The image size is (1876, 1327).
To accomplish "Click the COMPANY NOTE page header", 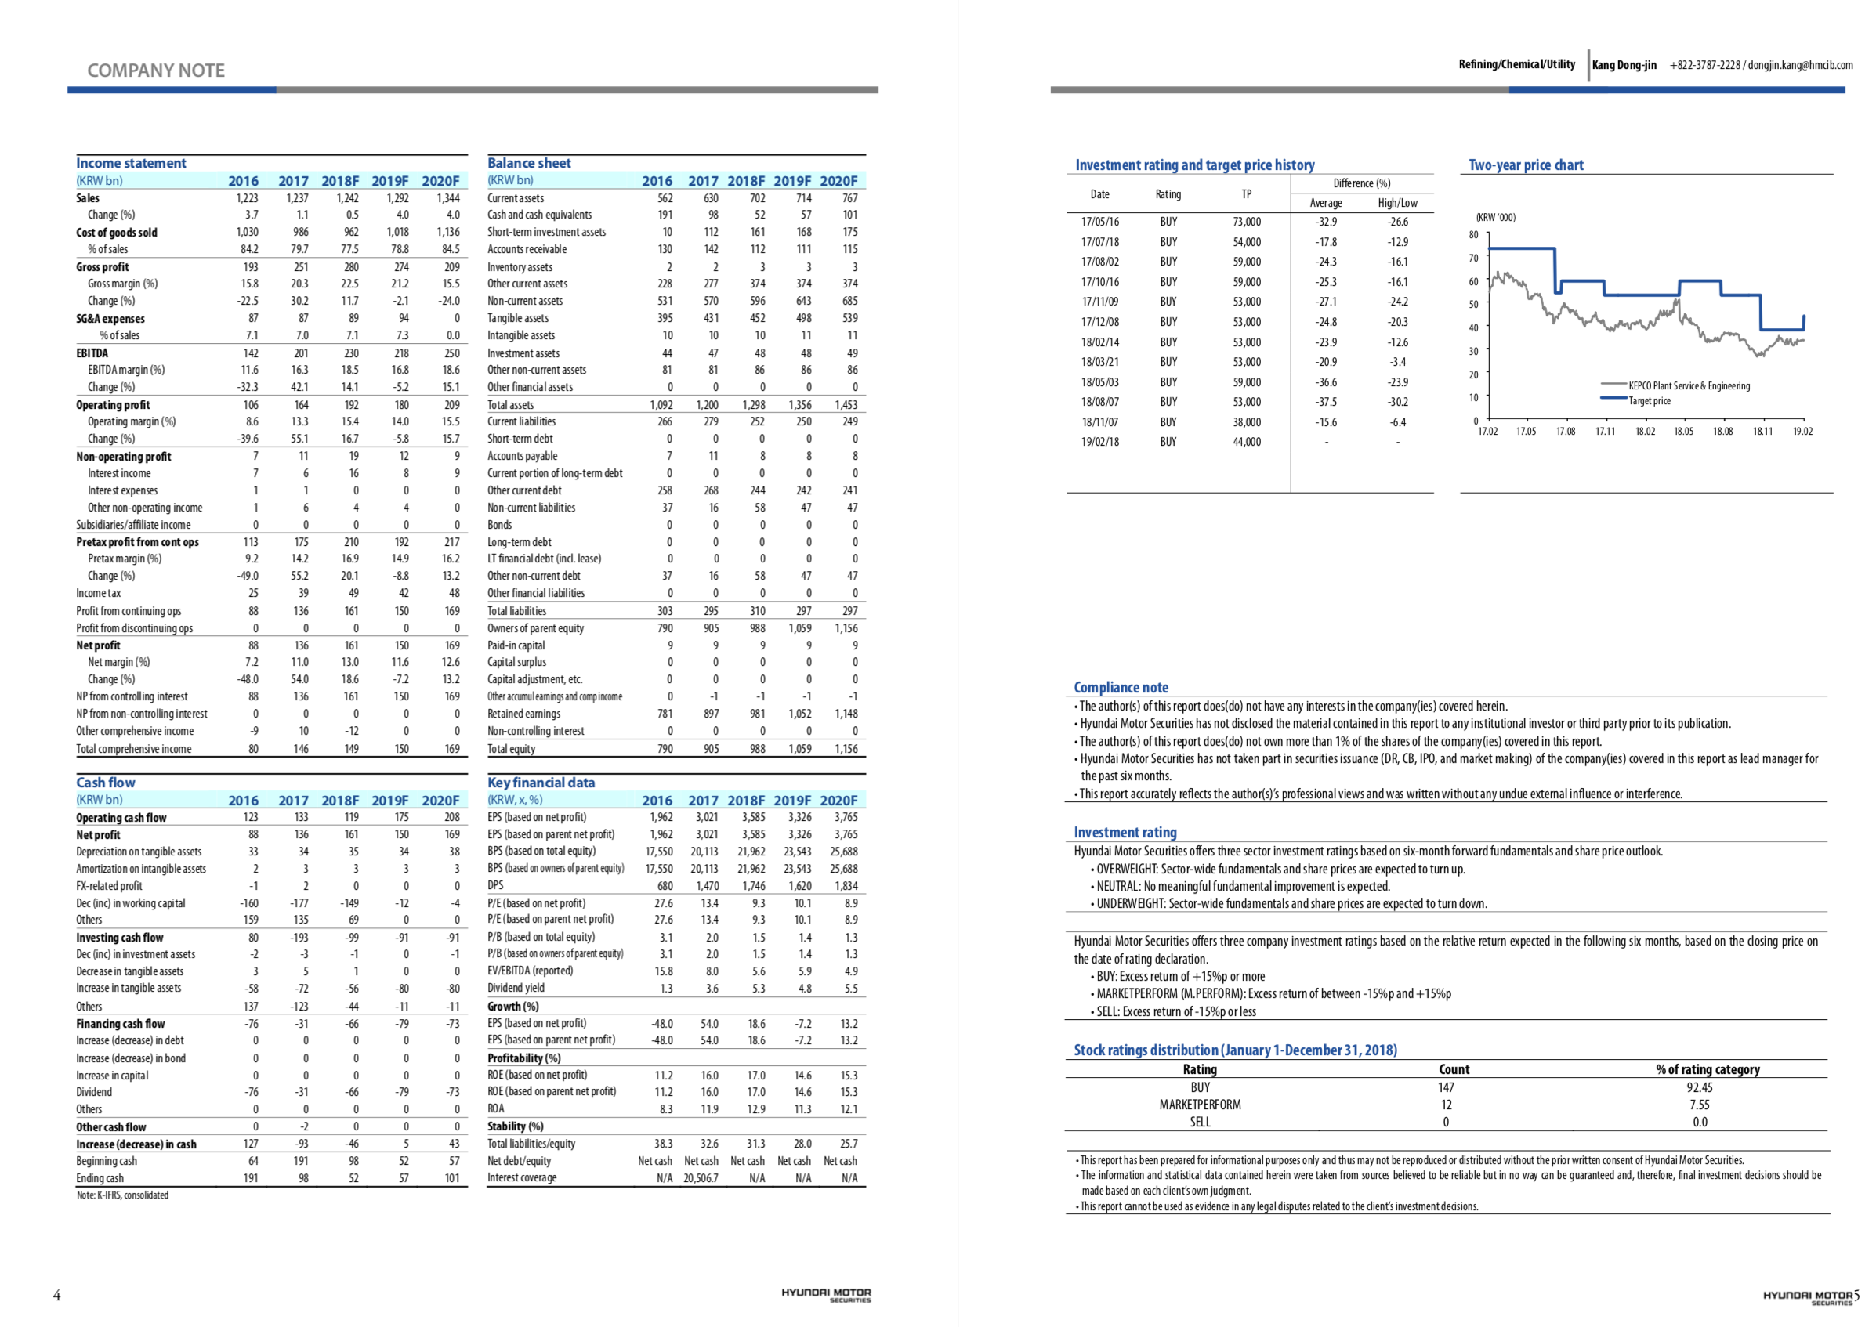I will tap(155, 71).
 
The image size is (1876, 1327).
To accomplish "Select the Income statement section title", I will tap(131, 164).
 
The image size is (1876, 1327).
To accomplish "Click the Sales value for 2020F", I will tap(448, 197).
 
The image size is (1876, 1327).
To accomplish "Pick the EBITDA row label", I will tap(92, 353).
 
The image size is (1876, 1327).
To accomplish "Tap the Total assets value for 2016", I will tap(661, 404).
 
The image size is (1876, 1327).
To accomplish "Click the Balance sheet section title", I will tap(529, 164).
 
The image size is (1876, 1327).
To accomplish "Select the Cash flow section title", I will tap(106, 783).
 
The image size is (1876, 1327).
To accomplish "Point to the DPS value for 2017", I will tap(707, 886).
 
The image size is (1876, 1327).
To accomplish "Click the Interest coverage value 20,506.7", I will tap(701, 1177).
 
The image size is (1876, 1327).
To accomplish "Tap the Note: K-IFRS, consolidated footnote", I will tap(122, 1195).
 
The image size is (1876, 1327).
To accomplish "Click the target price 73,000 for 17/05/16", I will tap(1247, 222).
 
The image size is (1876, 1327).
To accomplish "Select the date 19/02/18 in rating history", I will tap(1099, 442).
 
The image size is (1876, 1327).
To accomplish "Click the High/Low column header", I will tap(1397, 203).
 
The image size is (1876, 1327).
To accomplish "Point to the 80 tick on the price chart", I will tap(1473, 234).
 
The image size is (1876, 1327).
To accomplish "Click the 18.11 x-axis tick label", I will tap(1762, 432).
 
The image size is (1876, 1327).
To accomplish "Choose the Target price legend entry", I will tap(1649, 401).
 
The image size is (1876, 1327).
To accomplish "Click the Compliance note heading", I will tap(1121, 687).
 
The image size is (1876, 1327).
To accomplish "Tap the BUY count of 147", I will tap(1446, 1087).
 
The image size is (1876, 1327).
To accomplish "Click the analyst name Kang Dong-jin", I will tap(1624, 64).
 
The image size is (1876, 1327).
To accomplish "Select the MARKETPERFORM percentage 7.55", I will tap(1700, 1105).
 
